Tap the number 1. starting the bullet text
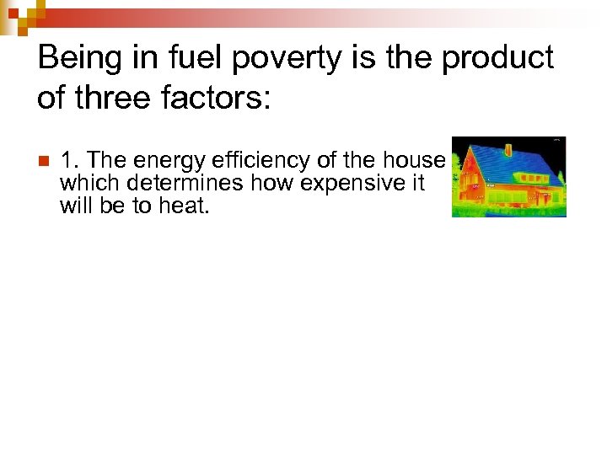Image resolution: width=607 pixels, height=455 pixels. tap(70, 160)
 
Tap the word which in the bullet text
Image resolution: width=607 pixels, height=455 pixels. tap(85, 183)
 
